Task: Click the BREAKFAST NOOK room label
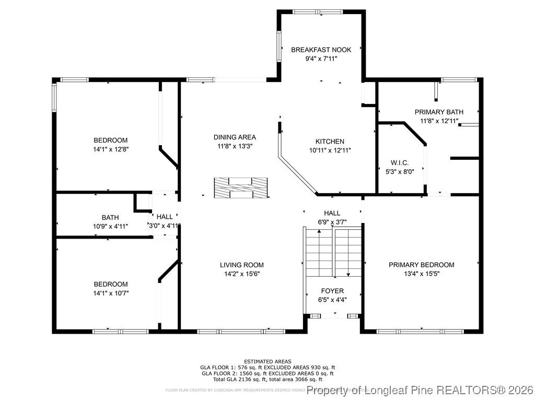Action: (321, 50)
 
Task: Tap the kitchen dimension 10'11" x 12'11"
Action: (330, 150)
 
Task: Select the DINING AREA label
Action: (235, 137)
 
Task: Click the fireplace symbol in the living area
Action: (241, 187)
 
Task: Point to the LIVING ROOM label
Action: (241, 265)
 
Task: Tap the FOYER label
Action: (332, 291)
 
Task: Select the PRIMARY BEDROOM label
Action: (421, 265)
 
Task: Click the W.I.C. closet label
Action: (400, 162)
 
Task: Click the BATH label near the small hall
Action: (110, 217)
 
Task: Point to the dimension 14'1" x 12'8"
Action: (110, 149)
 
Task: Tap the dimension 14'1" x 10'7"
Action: (110, 293)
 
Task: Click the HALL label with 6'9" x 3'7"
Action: (332, 213)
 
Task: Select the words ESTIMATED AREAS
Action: (267, 361)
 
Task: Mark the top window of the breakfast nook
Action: (317, 11)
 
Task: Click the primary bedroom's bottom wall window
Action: (420, 331)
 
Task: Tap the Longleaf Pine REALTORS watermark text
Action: (421, 390)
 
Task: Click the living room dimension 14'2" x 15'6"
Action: (241, 274)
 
